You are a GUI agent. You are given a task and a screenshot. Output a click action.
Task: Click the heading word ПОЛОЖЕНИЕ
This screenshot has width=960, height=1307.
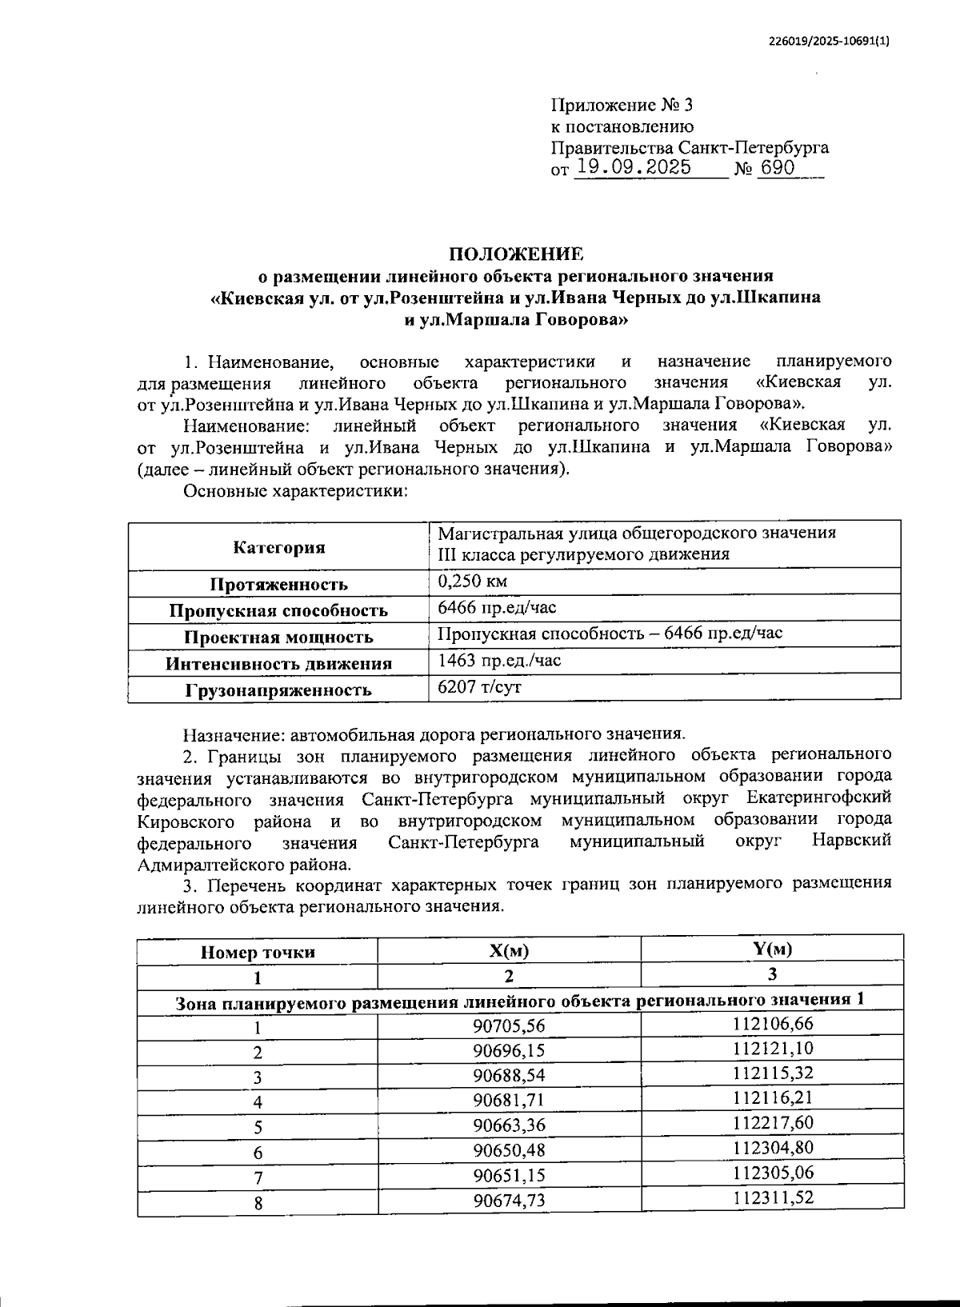(516, 254)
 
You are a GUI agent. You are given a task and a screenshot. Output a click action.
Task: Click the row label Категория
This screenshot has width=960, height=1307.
(279, 548)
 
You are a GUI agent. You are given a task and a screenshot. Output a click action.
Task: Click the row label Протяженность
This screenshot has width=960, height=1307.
(279, 585)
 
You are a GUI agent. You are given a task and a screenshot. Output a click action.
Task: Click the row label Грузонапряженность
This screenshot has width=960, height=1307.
(279, 690)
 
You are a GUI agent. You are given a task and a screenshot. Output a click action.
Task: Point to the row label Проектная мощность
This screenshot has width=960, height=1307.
(279, 638)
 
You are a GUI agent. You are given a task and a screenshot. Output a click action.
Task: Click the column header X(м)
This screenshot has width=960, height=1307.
(510, 951)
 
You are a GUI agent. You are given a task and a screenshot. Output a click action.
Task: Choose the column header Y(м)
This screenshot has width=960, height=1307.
(772, 949)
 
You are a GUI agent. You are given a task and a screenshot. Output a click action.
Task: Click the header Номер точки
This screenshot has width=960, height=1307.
(258, 952)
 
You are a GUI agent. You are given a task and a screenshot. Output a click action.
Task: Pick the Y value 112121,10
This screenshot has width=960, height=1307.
(773, 1048)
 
